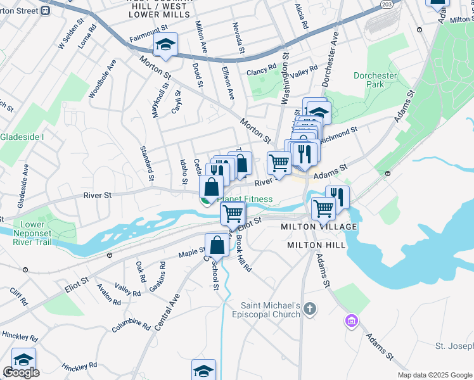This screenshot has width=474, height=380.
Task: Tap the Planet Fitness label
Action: click(x=247, y=199)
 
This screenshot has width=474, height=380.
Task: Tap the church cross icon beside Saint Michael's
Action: click(x=309, y=309)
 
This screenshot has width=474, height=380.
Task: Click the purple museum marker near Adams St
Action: click(x=351, y=321)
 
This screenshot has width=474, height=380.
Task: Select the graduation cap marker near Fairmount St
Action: click(x=166, y=45)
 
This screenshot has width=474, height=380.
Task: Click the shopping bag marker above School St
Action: click(x=217, y=246)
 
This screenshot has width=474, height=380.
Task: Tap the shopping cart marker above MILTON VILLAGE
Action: click(x=323, y=207)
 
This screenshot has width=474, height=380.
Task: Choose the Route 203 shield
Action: click(x=387, y=4)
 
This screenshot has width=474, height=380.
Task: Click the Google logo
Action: click(x=21, y=372)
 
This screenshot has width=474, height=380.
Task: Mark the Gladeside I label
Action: click(x=22, y=137)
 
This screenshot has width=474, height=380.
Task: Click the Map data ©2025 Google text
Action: click(x=435, y=375)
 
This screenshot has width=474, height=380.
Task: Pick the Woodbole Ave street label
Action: click(x=103, y=79)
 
